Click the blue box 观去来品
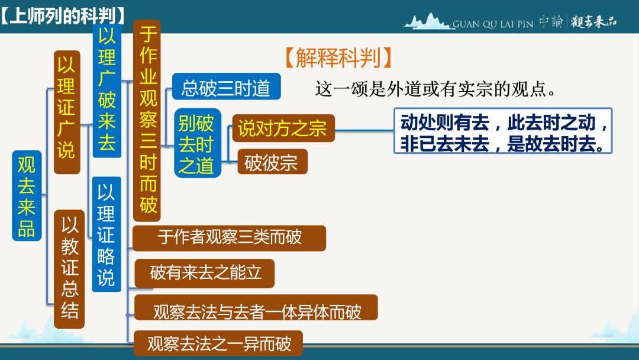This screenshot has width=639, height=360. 27,195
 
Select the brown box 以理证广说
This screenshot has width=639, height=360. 67,112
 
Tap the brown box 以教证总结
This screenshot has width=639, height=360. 69,269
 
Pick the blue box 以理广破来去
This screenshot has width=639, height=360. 106,90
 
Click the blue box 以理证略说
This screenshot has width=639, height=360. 106,234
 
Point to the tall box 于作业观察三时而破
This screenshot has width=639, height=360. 147,121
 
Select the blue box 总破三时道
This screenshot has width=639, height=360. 226,86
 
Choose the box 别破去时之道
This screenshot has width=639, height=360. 197,143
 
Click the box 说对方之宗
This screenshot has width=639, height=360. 283,128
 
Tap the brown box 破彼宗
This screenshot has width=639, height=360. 272,162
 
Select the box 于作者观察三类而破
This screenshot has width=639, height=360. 230,238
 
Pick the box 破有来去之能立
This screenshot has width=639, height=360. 205,273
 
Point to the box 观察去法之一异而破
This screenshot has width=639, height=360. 218,343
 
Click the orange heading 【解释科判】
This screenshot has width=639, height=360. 338,57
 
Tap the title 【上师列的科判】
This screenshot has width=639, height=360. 62,16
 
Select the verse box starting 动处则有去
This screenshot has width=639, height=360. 503,130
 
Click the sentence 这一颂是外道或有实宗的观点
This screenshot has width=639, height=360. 435,89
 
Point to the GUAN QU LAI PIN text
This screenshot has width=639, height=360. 493,24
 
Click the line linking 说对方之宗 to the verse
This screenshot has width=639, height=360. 364,130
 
